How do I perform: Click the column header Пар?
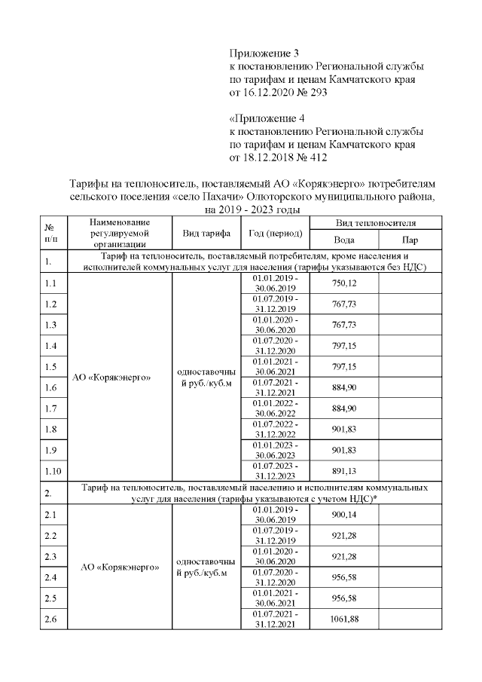[x=410, y=240]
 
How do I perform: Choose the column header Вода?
[x=343, y=240]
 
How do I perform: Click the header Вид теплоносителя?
[x=376, y=223]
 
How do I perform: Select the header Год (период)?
[x=275, y=233]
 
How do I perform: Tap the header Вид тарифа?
[x=206, y=233]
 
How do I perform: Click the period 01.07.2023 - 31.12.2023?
[x=275, y=472]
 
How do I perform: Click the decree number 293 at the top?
[x=319, y=93]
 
